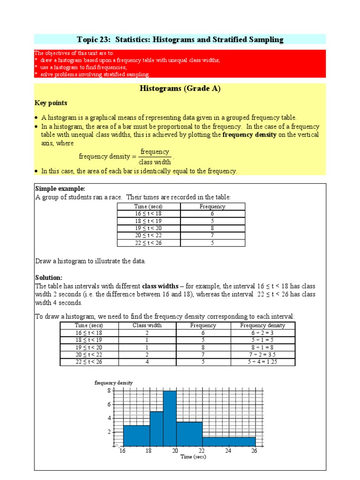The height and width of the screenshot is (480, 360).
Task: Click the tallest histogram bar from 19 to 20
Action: (170, 418)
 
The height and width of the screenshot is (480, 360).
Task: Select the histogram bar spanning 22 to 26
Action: (229, 441)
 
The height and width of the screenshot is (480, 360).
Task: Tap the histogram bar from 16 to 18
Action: (136, 435)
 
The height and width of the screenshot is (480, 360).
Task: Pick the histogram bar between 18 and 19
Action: (157, 428)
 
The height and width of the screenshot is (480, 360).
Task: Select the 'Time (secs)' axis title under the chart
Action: (193, 457)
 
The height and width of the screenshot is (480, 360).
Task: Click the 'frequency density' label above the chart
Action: (114, 382)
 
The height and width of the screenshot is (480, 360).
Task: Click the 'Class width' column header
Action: (146, 325)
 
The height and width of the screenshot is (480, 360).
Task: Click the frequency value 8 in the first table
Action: (212, 228)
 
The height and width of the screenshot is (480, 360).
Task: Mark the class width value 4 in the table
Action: (146, 362)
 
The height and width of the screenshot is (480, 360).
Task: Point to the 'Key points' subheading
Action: (51, 103)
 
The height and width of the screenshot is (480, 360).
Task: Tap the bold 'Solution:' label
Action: (49, 277)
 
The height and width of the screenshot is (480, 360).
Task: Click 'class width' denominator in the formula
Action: (155, 162)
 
